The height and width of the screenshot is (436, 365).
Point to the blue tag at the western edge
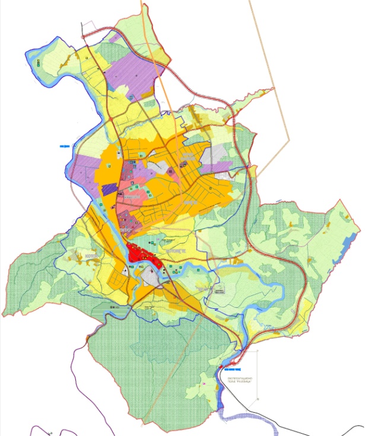64,145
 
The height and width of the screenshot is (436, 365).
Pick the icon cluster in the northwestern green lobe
39,62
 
